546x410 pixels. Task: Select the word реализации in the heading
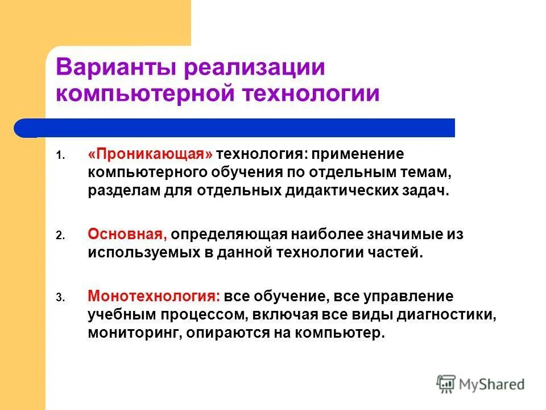[x=254, y=68]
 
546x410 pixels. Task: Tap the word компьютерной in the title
[x=146, y=93]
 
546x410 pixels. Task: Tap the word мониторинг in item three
[x=133, y=333]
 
